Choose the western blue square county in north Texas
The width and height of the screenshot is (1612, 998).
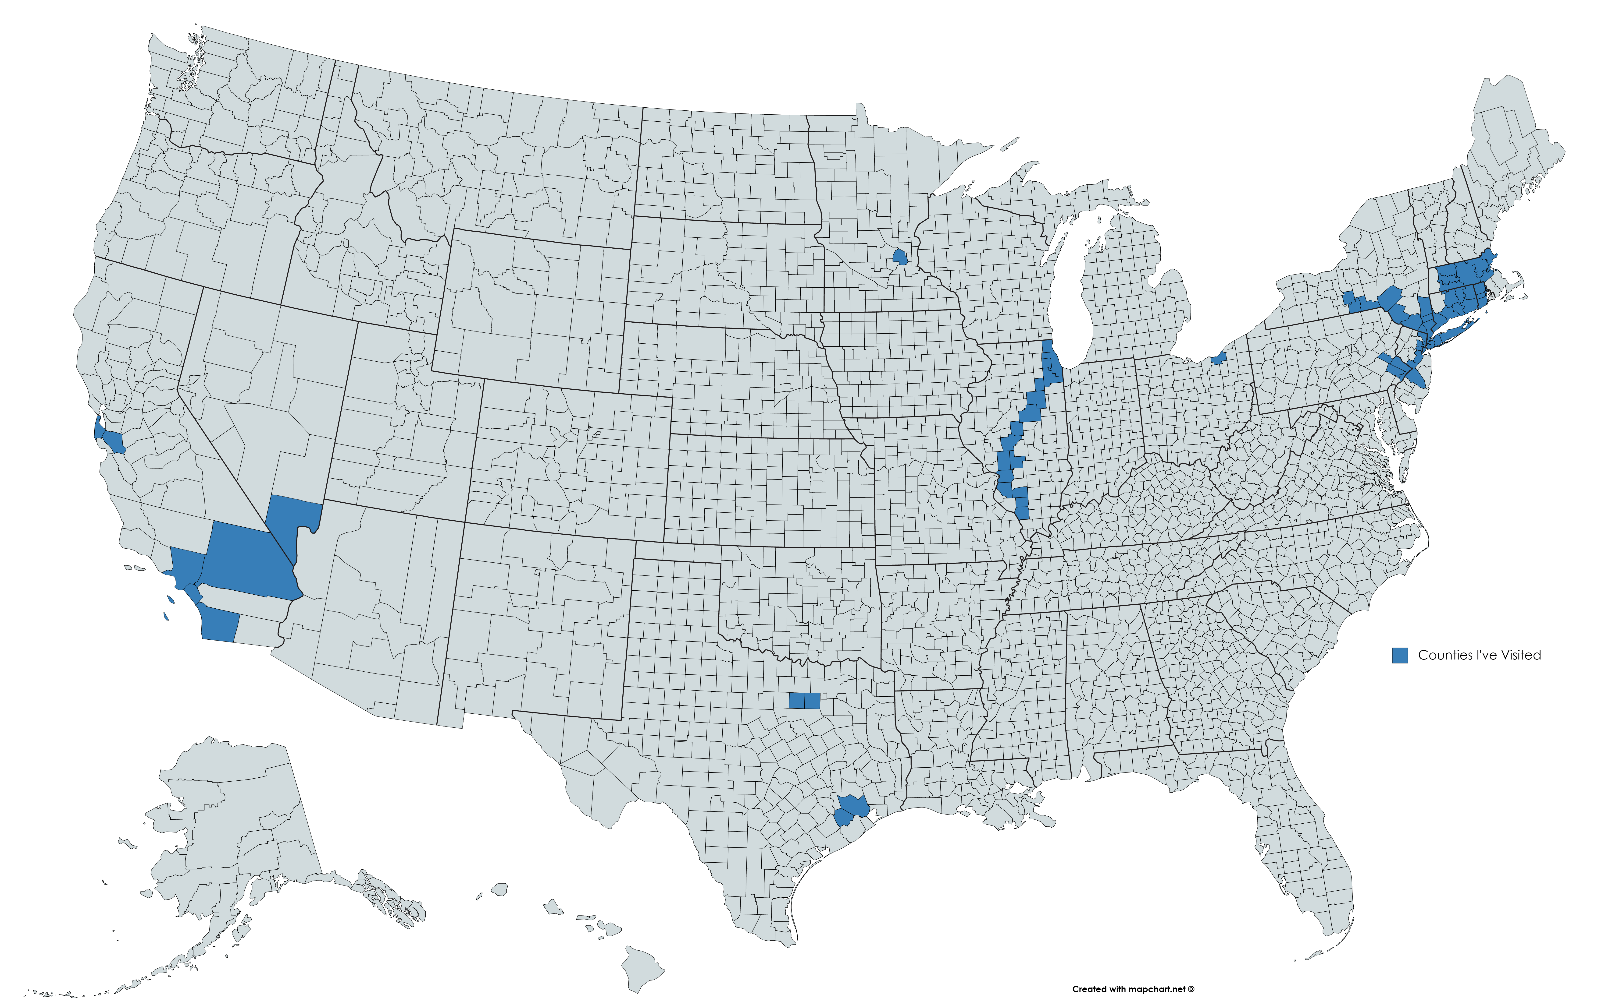(796, 700)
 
